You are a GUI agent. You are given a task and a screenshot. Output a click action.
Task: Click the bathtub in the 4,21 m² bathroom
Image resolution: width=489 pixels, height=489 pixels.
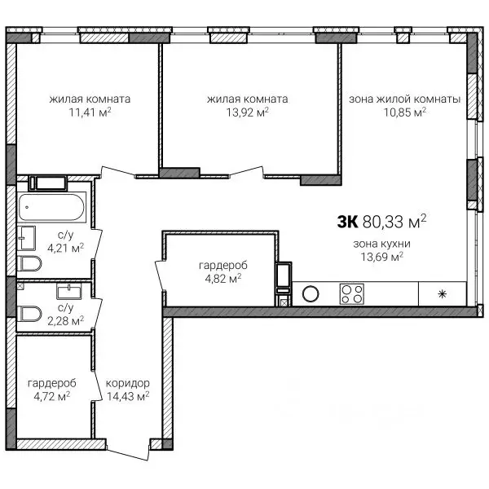pyautogui.click(x=51, y=207)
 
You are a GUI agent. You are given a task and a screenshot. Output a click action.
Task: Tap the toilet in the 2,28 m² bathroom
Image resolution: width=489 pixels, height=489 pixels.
pyautogui.click(x=29, y=314)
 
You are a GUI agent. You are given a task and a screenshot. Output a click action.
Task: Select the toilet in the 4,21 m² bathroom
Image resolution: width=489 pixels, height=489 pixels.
pyautogui.click(x=29, y=263)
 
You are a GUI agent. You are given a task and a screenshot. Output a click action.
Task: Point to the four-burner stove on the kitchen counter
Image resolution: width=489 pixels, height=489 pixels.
pyautogui.click(x=352, y=293)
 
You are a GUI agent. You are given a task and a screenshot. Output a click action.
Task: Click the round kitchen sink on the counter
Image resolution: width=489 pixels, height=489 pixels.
pyautogui.click(x=311, y=293)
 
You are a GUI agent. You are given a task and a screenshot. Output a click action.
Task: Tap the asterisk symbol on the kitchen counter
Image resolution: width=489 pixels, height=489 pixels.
pyautogui.click(x=443, y=294)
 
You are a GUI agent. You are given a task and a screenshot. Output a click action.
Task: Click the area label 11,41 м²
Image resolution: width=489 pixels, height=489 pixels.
pyautogui.click(x=90, y=112)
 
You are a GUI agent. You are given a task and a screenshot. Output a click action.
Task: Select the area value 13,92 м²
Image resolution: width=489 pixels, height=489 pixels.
pyautogui.click(x=247, y=112)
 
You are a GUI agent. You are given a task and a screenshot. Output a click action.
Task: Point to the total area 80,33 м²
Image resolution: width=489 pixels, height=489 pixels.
pyautogui.click(x=394, y=222)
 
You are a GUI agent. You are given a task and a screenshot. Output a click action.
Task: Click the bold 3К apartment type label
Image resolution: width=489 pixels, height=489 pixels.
pyautogui.click(x=347, y=222)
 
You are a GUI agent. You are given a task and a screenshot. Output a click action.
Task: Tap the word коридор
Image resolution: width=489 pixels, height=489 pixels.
pyautogui.click(x=128, y=383)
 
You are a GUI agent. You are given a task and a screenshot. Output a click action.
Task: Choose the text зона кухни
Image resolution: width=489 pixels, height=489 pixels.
pyautogui.click(x=381, y=244)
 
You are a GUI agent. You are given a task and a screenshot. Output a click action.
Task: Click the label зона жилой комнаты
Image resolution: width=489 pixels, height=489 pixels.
pyautogui.click(x=404, y=99)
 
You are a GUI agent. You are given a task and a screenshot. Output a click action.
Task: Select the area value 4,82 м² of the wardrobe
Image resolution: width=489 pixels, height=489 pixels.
pyautogui.click(x=223, y=279)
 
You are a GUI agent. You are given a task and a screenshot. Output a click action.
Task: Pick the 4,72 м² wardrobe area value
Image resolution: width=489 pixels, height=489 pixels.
pyautogui.click(x=52, y=396)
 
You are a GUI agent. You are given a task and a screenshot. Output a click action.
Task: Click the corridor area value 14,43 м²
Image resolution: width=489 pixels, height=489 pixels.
pyautogui.click(x=128, y=396)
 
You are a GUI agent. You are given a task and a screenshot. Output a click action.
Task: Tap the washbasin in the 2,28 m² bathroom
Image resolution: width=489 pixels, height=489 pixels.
pyautogui.click(x=69, y=291)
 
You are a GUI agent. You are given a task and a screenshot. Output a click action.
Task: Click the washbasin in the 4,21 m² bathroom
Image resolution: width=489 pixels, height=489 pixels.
pyautogui.click(x=26, y=238)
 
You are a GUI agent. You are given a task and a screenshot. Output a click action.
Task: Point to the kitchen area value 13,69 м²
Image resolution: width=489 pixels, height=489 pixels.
pyautogui.click(x=382, y=257)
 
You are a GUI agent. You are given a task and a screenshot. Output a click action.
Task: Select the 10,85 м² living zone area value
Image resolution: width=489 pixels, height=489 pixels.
pyautogui.click(x=405, y=112)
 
